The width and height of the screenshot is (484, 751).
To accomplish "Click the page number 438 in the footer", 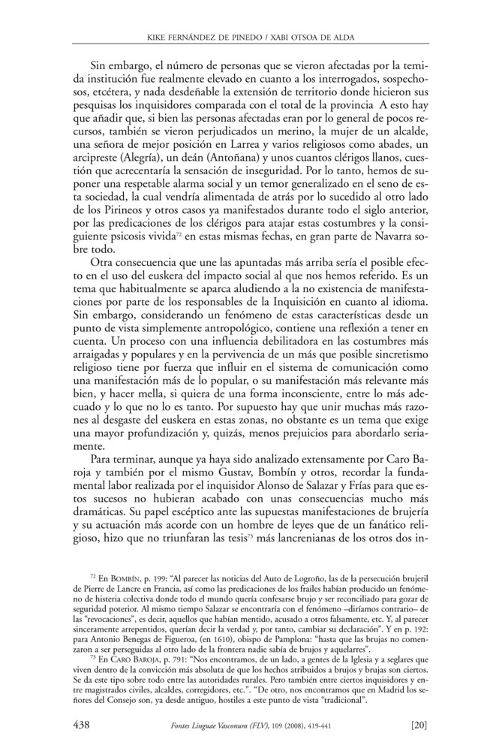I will point(82,725).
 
